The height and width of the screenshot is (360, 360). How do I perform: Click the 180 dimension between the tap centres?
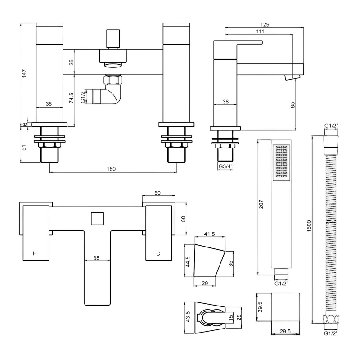tap(111, 169)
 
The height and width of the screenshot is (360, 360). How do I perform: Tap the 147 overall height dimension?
tap(24, 73)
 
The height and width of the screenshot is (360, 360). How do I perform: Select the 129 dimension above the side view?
tap(265, 25)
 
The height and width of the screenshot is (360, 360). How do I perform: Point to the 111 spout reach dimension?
tap(260, 31)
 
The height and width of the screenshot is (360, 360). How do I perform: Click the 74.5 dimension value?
tap(72, 98)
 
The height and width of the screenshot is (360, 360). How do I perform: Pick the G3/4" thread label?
tap(225, 166)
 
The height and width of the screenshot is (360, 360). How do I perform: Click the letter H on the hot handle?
tap(35, 253)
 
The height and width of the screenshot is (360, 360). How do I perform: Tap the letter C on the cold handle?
tap(158, 253)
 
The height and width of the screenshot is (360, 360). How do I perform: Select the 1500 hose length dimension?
tap(309, 226)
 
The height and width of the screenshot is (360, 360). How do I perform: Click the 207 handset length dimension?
tap(261, 204)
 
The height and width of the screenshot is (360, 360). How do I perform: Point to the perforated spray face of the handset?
tap(281, 162)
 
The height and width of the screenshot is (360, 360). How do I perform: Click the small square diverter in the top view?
tap(97, 218)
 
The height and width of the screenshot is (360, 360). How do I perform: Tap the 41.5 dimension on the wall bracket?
tap(210, 234)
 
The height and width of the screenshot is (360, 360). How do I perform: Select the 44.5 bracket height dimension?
tap(188, 261)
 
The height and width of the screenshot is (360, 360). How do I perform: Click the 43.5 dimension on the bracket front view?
tap(188, 317)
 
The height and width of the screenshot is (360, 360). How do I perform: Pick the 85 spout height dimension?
tap(292, 105)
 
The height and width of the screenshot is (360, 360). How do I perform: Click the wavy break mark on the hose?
tap(331, 222)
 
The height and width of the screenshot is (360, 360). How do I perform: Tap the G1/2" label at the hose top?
tap(331, 126)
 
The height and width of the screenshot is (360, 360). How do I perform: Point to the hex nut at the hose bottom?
tap(331, 319)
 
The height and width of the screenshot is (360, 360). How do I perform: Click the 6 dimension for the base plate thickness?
tap(25, 124)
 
